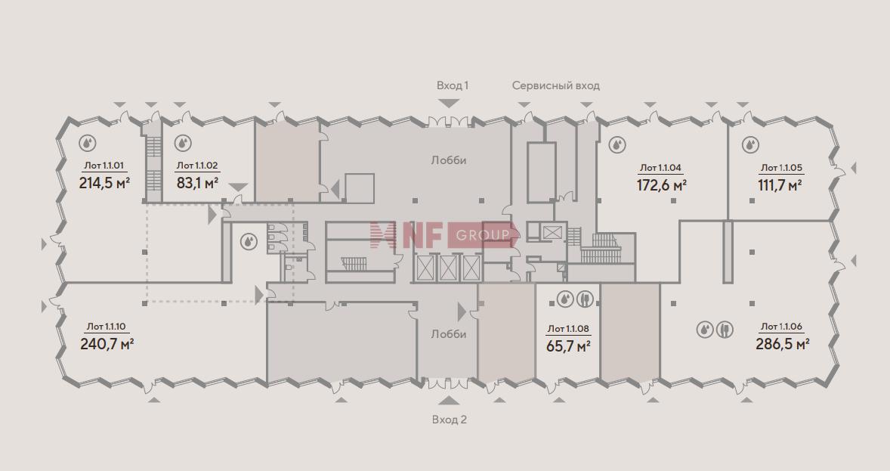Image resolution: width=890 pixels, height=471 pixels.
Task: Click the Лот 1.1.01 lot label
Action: click(104, 166)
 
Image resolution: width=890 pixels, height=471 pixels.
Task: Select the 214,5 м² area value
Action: click(105, 183)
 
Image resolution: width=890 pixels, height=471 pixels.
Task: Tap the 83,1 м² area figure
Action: click(197, 183)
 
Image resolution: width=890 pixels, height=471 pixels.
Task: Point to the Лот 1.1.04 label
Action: click(660, 168)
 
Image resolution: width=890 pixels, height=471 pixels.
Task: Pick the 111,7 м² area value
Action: click(780, 185)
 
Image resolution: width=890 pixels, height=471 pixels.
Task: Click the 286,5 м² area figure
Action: click(782, 344)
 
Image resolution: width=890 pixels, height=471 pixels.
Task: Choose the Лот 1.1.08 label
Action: click(568, 329)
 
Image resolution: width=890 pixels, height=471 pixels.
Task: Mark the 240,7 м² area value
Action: click(107, 344)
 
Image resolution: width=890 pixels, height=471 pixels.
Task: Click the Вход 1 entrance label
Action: click(453, 85)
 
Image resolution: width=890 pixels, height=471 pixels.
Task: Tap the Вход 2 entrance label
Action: click(449, 420)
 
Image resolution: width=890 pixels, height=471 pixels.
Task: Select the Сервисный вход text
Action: click(555, 85)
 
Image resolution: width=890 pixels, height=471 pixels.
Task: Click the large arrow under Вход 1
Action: click(449, 104)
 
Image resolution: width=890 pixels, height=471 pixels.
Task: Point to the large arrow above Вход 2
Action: click(449, 401)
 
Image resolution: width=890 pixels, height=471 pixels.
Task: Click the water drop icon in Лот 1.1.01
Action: click(87, 142)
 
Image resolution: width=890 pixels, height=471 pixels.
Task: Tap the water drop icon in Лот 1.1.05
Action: click(750, 145)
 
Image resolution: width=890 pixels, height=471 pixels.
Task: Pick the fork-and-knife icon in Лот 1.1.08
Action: click(585, 299)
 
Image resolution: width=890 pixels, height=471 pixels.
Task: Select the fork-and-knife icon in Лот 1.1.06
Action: click(725, 329)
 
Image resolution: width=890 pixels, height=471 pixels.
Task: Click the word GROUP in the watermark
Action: click(483, 235)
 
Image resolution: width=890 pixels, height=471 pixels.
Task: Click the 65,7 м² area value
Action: click(568, 346)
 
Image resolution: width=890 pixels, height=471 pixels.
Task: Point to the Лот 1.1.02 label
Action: click(197, 166)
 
